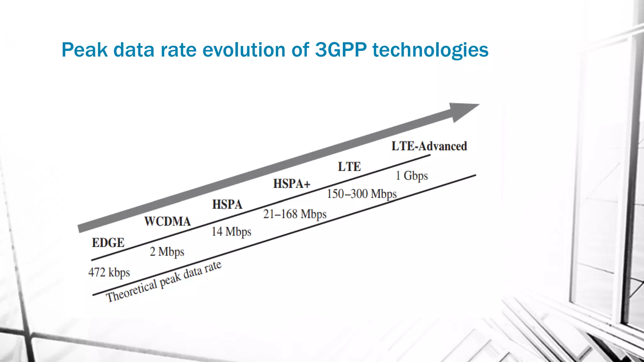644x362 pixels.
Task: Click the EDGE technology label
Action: click(108, 243)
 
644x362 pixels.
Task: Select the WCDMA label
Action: click(167, 222)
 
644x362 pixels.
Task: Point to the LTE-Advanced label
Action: click(429, 146)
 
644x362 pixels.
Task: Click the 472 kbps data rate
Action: click(109, 272)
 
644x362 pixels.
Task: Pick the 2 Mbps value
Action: click(167, 252)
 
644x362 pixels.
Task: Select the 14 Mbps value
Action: click(231, 232)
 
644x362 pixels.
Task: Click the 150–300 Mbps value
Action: click(362, 194)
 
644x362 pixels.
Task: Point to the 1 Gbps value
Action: click(412, 176)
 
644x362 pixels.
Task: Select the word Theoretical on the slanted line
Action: click(131, 291)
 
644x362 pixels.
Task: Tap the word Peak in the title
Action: click(84, 50)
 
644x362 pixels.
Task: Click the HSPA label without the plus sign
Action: click(227, 205)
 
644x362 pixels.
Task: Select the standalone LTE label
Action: click(349, 167)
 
